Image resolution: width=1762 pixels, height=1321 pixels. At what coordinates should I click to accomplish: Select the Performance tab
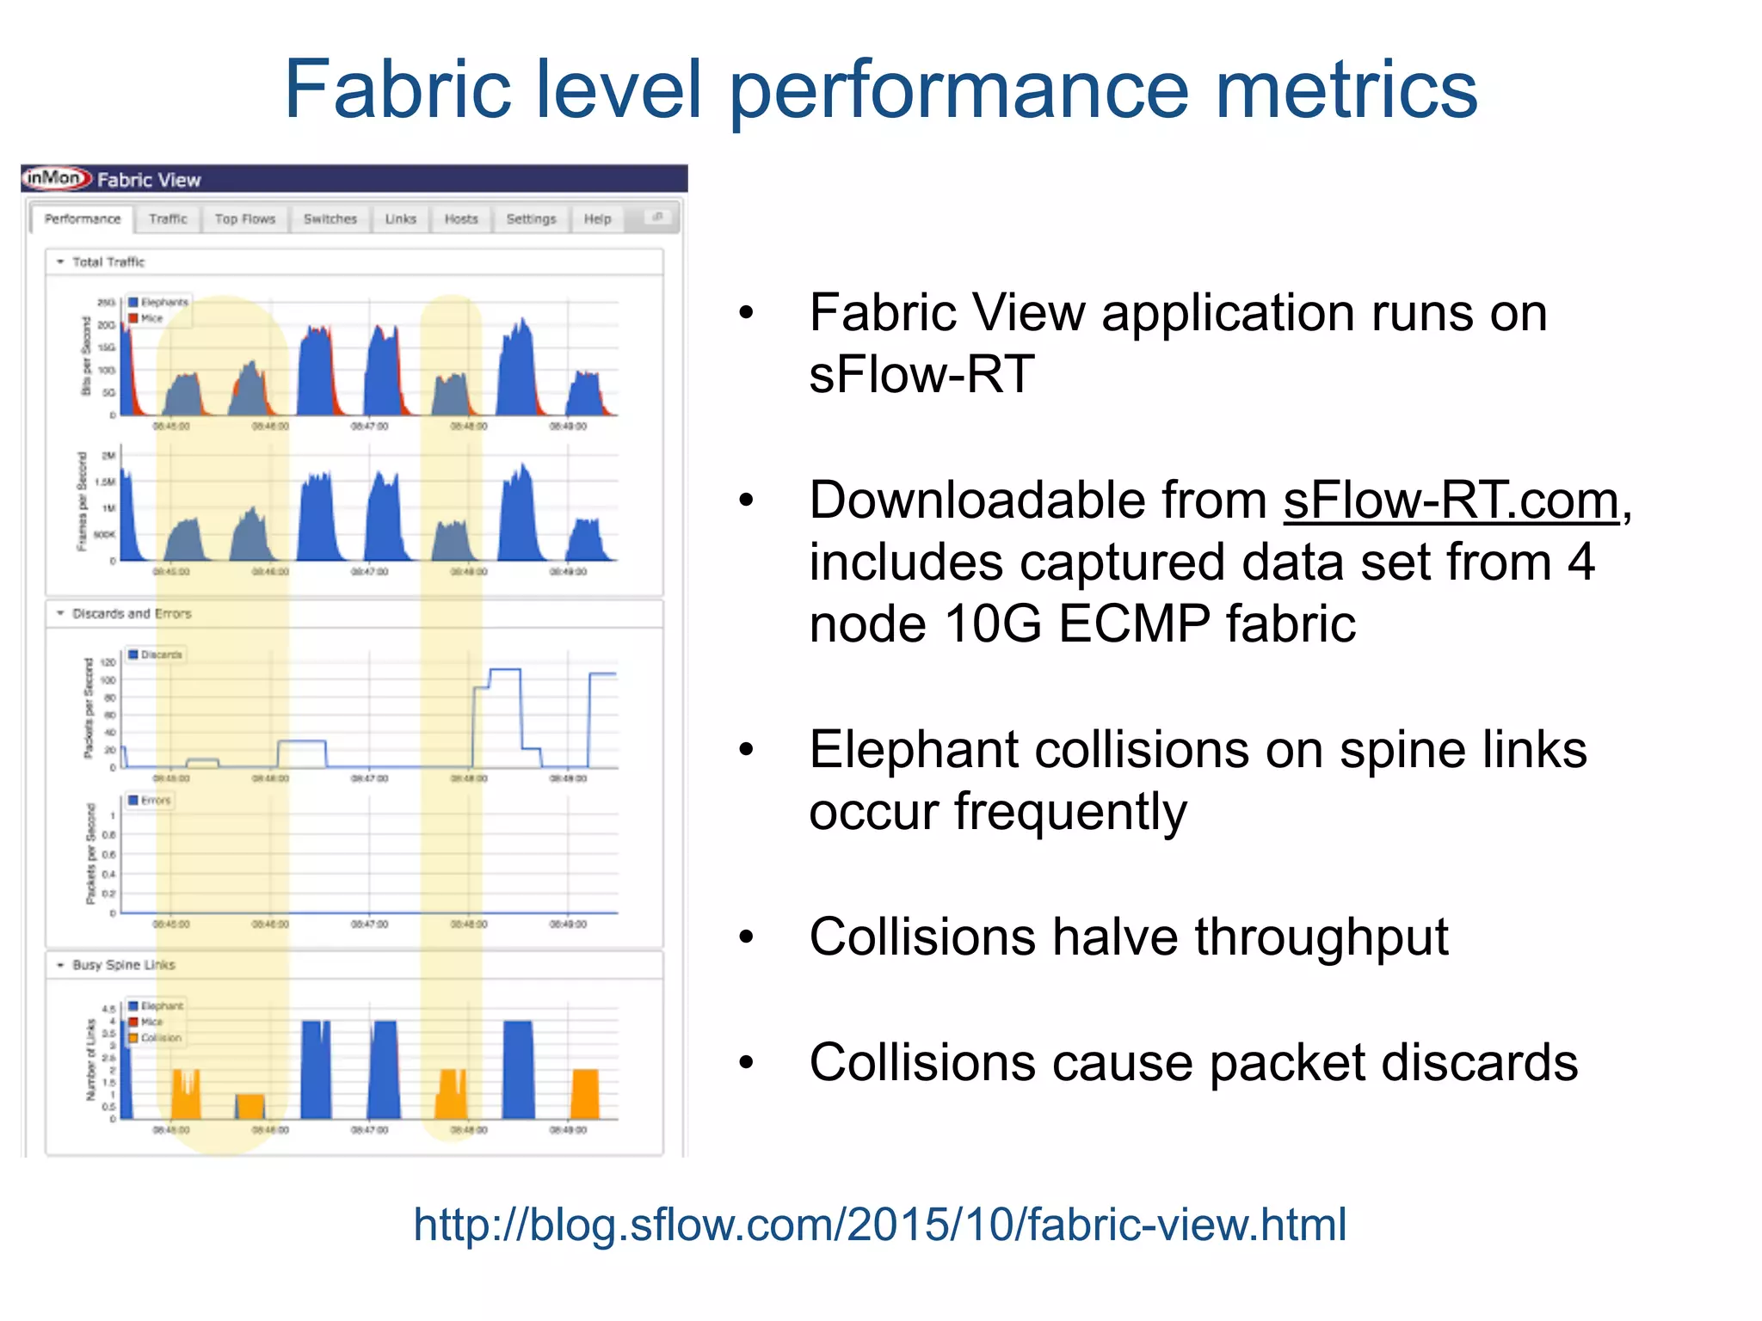point(83,219)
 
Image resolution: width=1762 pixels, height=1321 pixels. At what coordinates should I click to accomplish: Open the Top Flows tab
point(245,219)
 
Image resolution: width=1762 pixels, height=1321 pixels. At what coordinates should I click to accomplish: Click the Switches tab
point(330,219)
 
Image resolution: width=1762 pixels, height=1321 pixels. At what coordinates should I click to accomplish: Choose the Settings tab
point(531,219)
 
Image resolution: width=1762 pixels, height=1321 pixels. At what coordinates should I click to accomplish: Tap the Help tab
point(597,219)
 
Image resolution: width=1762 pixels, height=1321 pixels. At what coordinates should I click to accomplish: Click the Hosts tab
point(461,219)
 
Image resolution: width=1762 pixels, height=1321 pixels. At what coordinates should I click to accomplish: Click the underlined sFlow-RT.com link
point(1451,501)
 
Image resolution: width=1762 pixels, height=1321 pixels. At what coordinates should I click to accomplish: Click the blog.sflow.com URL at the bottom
point(879,1224)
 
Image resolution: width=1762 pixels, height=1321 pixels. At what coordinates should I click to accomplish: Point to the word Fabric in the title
point(398,89)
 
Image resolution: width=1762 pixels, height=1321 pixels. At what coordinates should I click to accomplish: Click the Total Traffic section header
point(108,261)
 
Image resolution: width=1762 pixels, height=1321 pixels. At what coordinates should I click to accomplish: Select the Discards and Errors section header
point(132,613)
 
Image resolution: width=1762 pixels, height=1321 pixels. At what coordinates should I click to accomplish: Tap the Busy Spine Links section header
point(123,965)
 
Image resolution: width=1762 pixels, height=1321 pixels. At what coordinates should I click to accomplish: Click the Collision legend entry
point(160,1038)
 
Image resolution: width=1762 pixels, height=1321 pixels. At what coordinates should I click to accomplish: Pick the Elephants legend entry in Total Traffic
point(163,302)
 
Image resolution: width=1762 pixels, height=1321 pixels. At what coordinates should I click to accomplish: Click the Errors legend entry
point(155,801)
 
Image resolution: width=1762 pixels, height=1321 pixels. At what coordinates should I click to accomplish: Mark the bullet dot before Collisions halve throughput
point(746,937)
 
